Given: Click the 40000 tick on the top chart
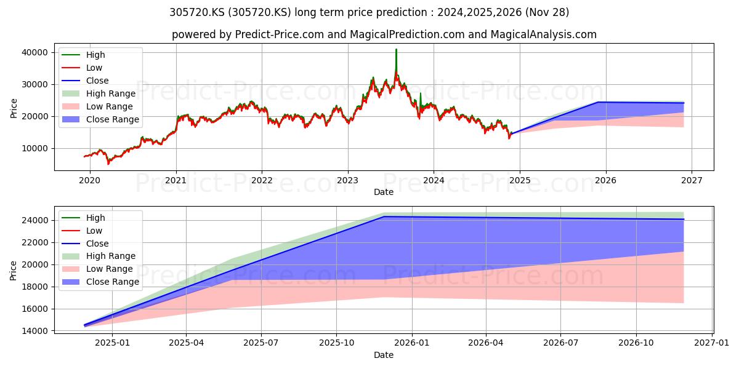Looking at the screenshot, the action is click(34, 52).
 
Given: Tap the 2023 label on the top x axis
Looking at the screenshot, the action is click(348, 180).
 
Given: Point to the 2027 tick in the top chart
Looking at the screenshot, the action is click(692, 180).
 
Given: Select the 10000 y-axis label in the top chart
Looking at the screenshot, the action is click(34, 148).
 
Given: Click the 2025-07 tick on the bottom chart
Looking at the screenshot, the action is click(261, 343).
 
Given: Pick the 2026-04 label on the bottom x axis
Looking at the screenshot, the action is click(486, 343).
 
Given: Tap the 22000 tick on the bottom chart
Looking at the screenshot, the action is click(34, 242).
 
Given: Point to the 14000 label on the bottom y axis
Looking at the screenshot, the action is click(34, 331).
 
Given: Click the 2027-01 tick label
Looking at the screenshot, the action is click(712, 343).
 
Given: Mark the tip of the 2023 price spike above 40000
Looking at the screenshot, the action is click(396, 49).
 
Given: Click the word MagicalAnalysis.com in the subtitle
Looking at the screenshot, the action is click(544, 34).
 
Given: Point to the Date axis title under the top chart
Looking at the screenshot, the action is click(383, 192).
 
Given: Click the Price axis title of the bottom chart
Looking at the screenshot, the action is click(13, 271).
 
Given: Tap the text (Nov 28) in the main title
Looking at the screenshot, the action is click(547, 12).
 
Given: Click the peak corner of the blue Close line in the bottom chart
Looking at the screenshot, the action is click(384, 216).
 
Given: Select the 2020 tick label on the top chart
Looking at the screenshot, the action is click(90, 180).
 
